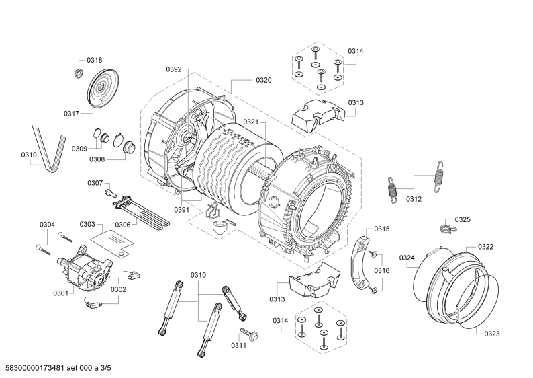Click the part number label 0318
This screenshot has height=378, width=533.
coord(95,60)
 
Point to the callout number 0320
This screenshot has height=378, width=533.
coord(263,80)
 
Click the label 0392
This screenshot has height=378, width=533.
coord(173,69)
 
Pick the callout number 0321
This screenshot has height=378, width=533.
coord(250,122)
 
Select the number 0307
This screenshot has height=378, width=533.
coord(95,182)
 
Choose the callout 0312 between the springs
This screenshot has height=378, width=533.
coord(414,198)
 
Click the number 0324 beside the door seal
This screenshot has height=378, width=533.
coord(407,258)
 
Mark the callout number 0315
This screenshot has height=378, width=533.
coord(381,229)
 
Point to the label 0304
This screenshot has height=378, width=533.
coord(47,224)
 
